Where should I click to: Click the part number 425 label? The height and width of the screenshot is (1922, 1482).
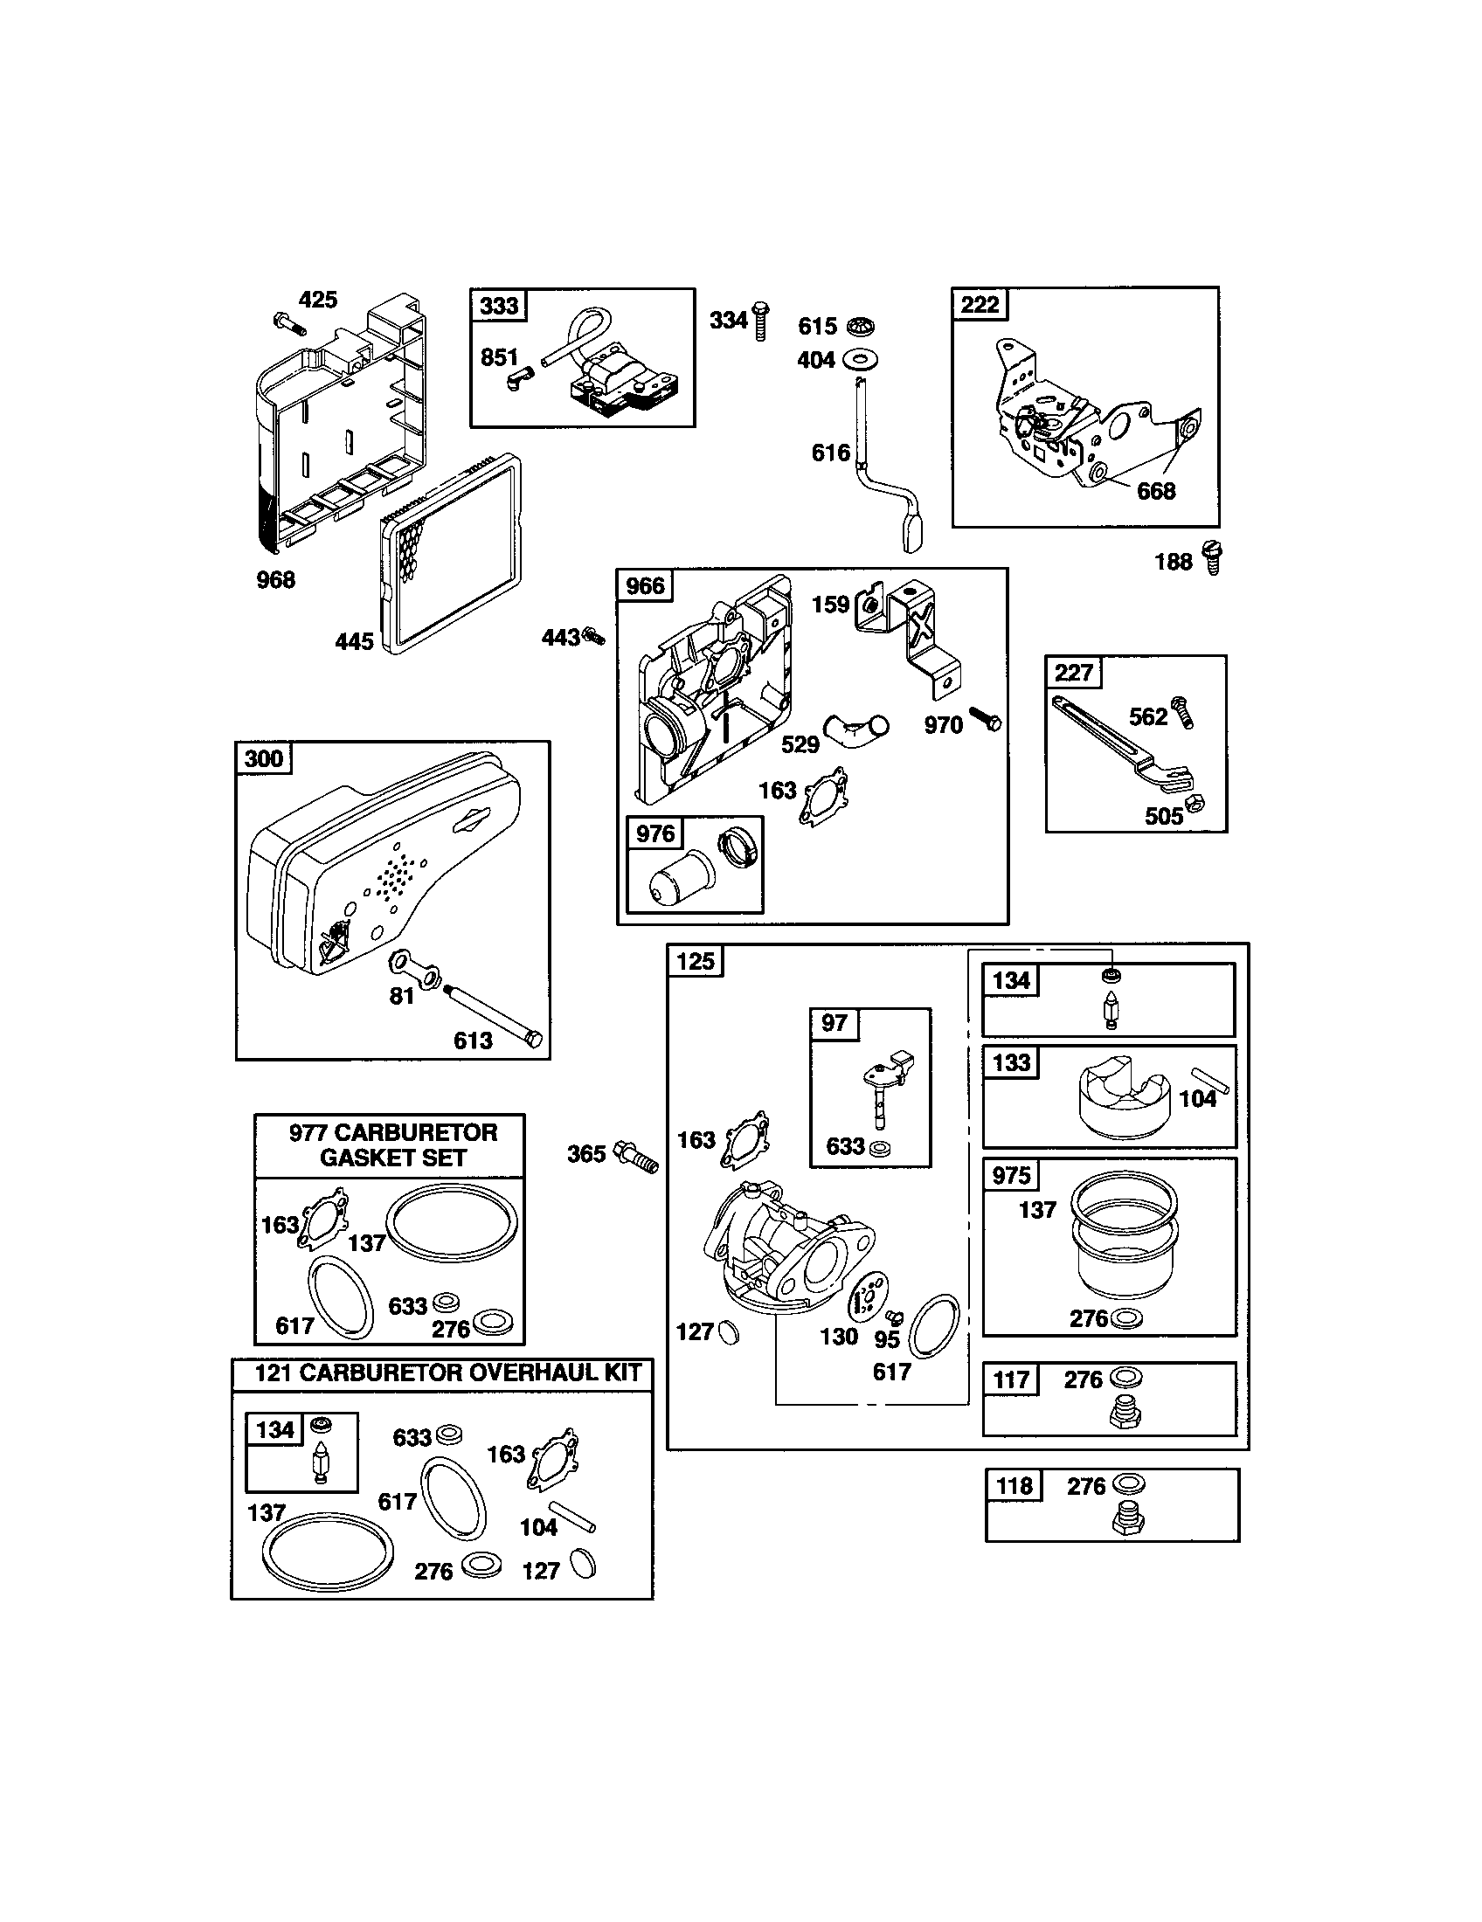point(318,300)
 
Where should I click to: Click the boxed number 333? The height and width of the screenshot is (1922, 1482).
point(499,307)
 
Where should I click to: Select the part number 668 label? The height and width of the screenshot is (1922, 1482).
point(1155,491)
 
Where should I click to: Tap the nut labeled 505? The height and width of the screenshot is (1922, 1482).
point(1195,803)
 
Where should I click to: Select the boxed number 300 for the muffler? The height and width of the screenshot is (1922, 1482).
point(264,758)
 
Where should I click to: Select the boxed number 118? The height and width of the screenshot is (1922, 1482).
point(1014,1486)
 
